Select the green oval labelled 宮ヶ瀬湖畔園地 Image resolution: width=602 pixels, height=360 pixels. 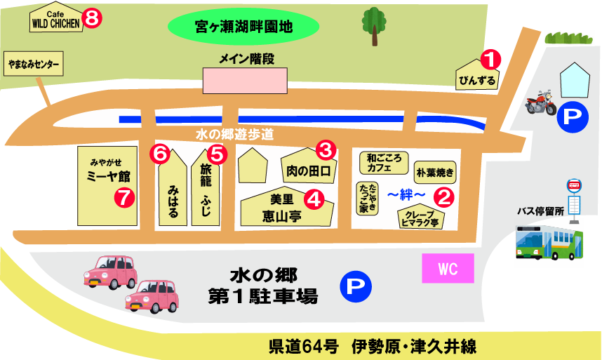coord(243,28)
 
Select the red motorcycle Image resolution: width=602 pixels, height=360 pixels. coord(540,104)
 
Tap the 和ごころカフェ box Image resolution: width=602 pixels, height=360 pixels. coord(383,164)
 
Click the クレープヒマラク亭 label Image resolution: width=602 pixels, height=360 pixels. coord(421,218)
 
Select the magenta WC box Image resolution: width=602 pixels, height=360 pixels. coord(448,269)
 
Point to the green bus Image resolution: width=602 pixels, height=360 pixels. coord(549,243)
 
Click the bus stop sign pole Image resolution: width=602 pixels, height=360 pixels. coord(573,204)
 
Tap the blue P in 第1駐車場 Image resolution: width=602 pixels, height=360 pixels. coord(355,286)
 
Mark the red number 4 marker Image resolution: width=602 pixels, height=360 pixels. coord(315,199)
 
